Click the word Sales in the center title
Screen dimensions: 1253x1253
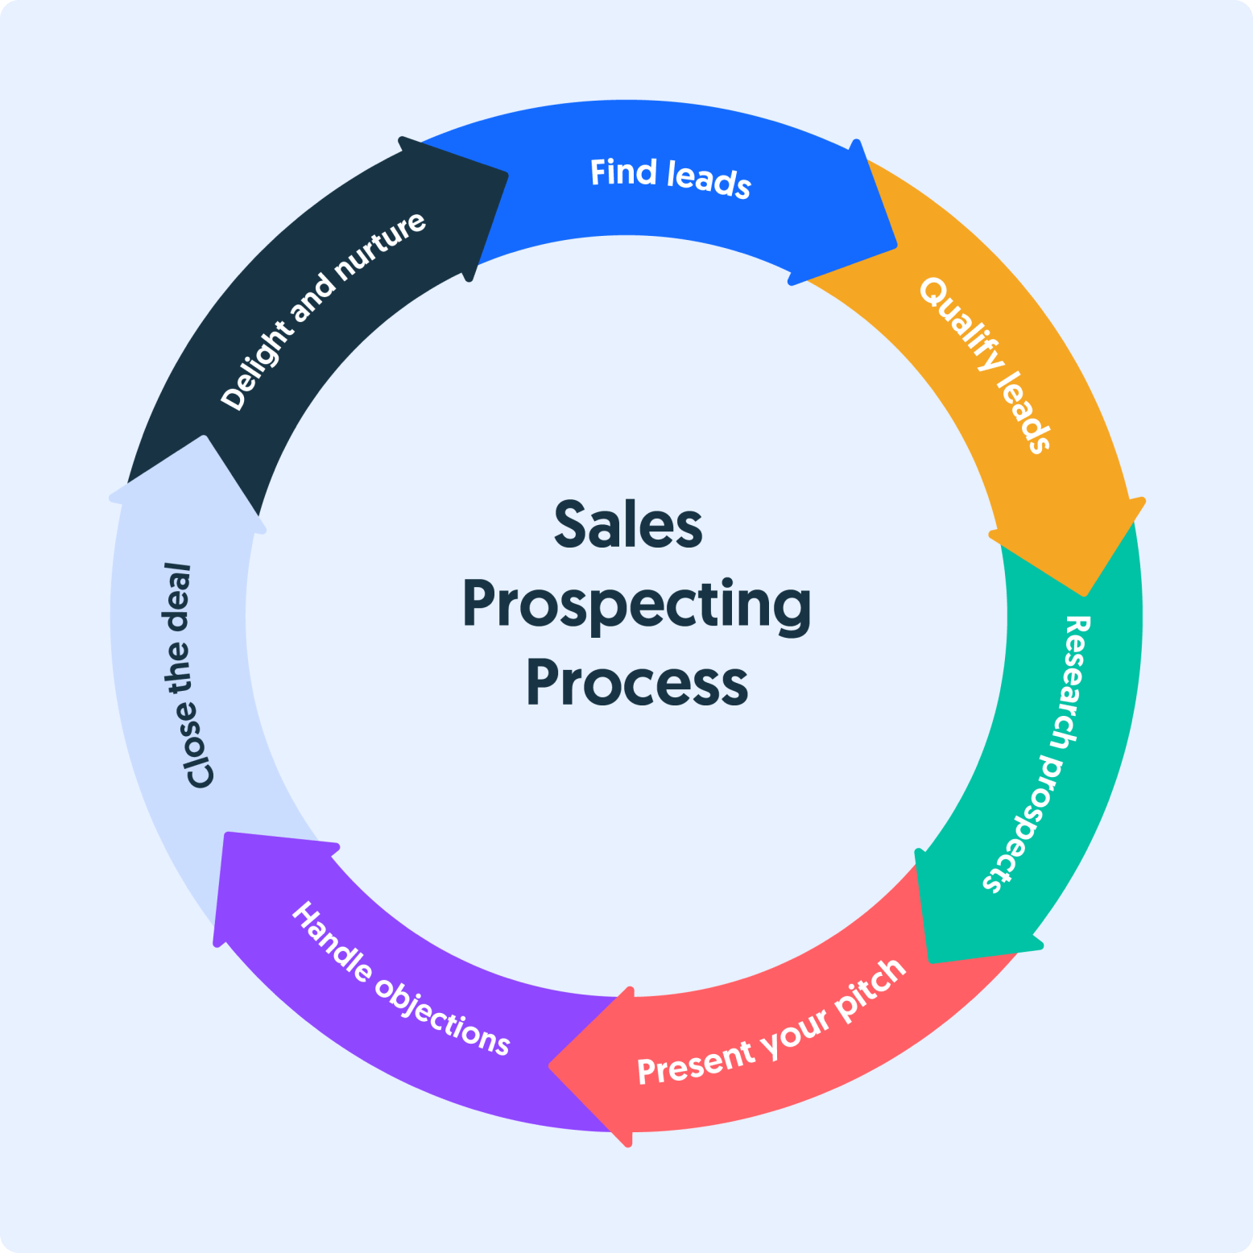pos(628,525)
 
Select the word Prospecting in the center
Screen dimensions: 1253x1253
pos(636,606)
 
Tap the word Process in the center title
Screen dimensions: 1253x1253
pos(637,684)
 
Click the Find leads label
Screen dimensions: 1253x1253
pos(671,178)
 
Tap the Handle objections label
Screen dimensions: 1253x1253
pos(400,979)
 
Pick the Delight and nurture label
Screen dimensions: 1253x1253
pos(323,311)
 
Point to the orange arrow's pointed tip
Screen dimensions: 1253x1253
pos(1086,594)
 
